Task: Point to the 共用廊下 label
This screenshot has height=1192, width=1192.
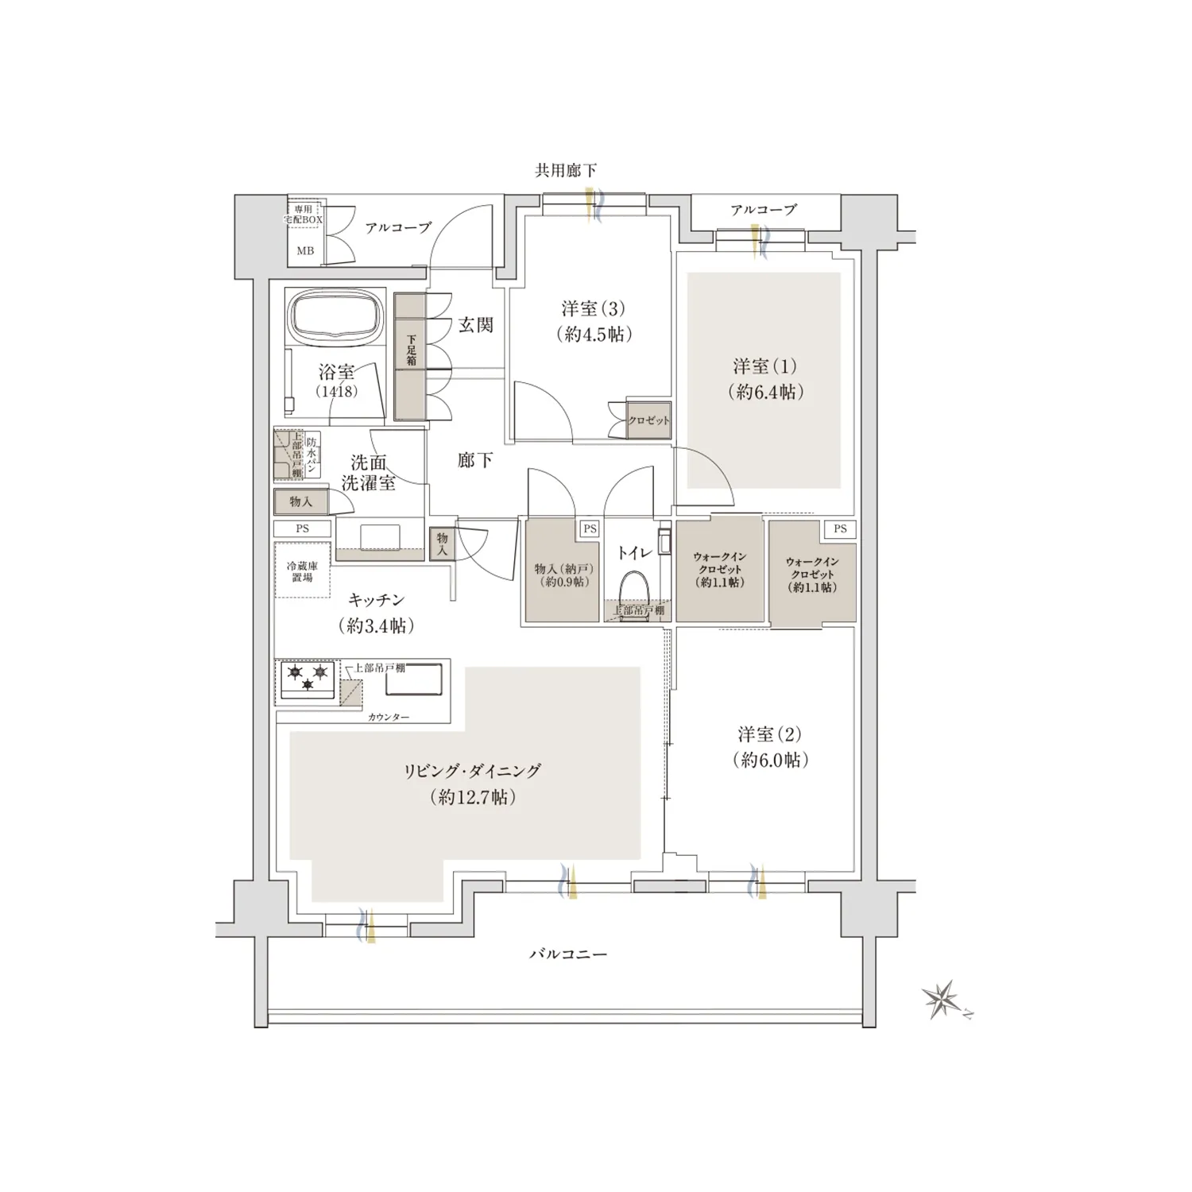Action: tap(565, 170)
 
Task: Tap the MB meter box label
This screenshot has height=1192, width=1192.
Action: tap(305, 250)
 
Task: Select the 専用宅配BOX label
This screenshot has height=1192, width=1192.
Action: tap(303, 214)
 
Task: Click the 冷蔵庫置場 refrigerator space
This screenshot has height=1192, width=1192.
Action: tap(302, 571)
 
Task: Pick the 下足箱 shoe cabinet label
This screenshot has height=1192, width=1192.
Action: tap(411, 350)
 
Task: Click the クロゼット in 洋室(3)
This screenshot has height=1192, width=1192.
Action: tap(648, 420)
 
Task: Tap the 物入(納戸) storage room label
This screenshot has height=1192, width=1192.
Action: tap(563, 575)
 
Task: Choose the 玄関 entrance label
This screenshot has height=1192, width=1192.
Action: tap(475, 324)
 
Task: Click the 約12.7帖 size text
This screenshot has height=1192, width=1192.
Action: tap(472, 797)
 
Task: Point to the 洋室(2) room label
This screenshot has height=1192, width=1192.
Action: tap(769, 734)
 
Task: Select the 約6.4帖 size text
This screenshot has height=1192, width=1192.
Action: tap(765, 392)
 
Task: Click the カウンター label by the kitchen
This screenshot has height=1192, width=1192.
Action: tap(389, 718)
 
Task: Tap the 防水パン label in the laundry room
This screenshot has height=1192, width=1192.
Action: tap(312, 457)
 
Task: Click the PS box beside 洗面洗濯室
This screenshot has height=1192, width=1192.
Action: tap(302, 528)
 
